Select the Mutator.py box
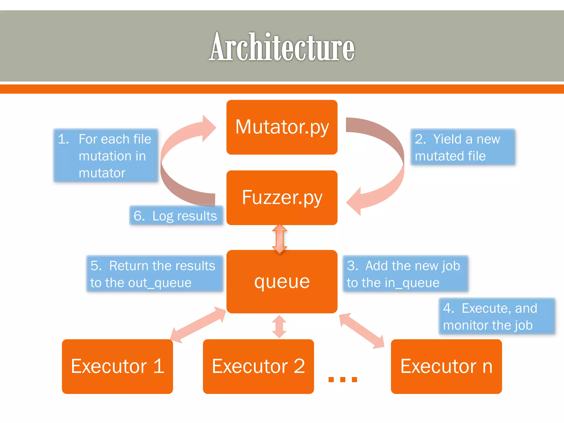[x=282, y=127]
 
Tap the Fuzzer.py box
[x=282, y=197]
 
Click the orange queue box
[x=282, y=281]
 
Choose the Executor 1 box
[x=117, y=366]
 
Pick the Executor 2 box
[x=258, y=366]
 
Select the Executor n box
[x=446, y=366]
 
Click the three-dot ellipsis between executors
[x=343, y=379]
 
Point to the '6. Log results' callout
[x=176, y=216]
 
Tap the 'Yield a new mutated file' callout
[x=463, y=147]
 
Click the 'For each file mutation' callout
[x=106, y=156]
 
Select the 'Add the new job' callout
[x=405, y=274]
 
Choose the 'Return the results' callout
[x=154, y=274]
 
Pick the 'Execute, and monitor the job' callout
[x=497, y=316]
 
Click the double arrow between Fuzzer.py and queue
[x=280, y=239]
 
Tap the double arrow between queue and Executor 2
[x=279, y=327]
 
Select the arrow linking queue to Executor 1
[x=198, y=325]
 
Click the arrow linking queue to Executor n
[x=361, y=330]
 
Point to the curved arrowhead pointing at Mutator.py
[x=208, y=128]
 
